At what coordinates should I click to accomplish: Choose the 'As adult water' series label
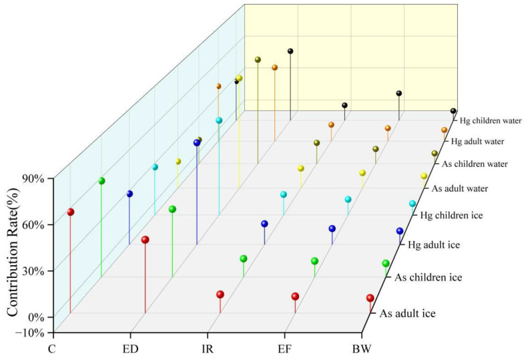(x=460, y=188)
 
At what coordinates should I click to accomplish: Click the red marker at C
(x=70, y=212)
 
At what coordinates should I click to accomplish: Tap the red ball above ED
(x=145, y=240)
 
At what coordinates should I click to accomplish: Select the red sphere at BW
(x=370, y=299)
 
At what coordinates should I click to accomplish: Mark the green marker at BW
(x=385, y=263)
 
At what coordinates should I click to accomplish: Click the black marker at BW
(x=453, y=111)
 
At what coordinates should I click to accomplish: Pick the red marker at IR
(x=220, y=295)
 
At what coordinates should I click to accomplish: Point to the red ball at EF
(x=295, y=297)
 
